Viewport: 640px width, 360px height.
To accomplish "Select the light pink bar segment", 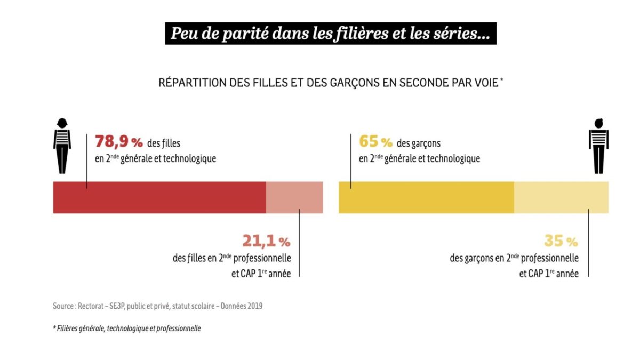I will [x=294, y=197].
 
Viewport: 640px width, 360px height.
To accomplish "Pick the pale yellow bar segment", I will [x=561, y=197].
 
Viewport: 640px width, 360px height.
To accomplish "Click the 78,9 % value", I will [x=119, y=142].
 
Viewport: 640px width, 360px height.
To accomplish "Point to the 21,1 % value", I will [x=266, y=241].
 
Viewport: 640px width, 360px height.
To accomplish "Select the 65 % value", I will [x=375, y=142].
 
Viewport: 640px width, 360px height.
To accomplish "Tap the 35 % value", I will [x=561, y=241].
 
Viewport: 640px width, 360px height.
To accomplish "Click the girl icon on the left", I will [x=62, y=145].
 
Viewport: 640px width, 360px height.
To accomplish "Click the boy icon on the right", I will [x=598, y=145].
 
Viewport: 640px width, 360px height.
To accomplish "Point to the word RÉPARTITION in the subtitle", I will [x=190, y=83].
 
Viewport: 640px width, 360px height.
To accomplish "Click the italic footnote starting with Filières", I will [x=128, y=329].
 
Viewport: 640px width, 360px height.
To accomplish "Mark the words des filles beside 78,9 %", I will [x=164, y=143].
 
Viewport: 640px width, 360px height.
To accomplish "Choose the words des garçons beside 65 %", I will [x=419, y=143].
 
